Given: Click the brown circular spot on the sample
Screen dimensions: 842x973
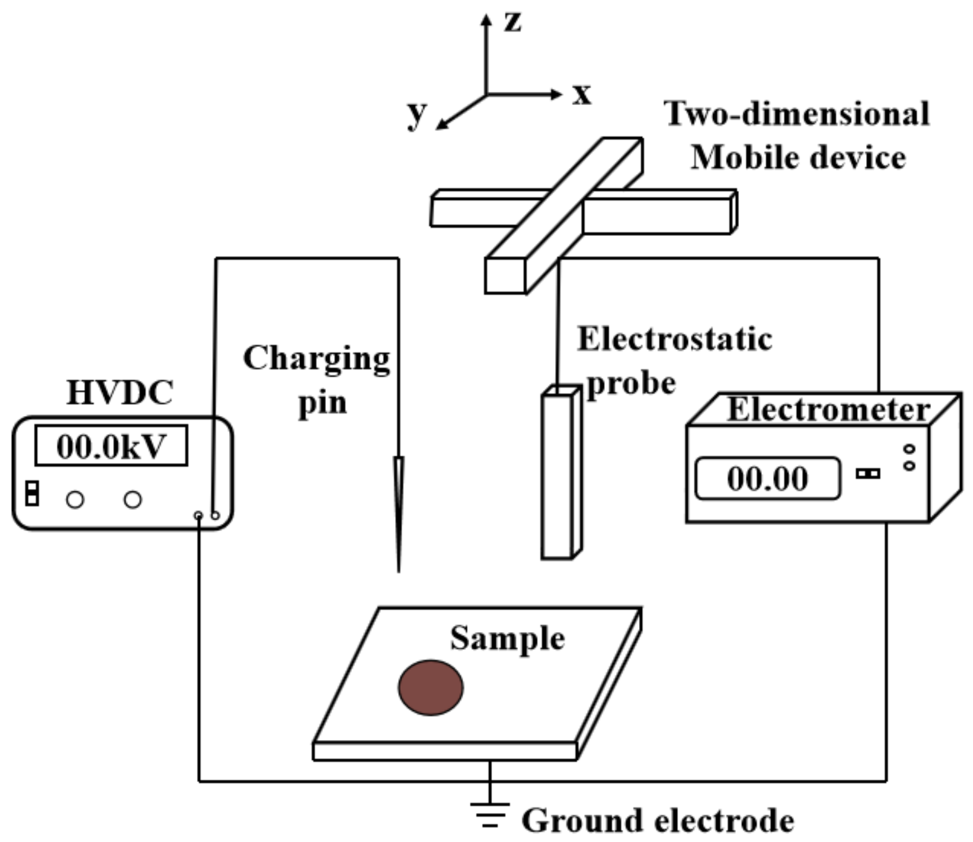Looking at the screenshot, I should tap(430, 688).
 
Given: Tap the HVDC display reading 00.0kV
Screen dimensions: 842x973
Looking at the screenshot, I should tap(111, 446).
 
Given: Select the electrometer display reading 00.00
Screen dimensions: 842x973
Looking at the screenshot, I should tap(767, 478).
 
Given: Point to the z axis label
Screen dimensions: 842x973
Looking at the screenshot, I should tap(512, 22).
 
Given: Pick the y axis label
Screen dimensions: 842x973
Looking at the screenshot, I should tap(417, 114).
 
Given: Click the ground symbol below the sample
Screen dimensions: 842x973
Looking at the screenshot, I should tap(490, 814).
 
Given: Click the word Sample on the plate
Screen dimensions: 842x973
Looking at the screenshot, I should tap(507, 638).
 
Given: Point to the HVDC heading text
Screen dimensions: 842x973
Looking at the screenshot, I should tap(120, 393).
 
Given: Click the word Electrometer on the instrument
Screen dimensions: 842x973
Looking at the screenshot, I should tap(827, 410).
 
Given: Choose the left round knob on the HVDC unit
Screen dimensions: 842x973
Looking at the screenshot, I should tap(75, 499).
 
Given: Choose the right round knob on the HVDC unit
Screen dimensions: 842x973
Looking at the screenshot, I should tap(133, 499).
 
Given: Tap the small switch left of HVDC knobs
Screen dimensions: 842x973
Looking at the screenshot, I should tap(32, 493).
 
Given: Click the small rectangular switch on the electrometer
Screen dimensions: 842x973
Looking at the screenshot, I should tap(867, 473).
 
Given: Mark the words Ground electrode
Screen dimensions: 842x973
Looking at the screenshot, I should tap(658, 821).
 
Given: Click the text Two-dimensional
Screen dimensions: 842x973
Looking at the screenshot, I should tap(796, 114).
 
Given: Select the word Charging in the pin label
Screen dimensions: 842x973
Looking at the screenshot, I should tap(316, 359).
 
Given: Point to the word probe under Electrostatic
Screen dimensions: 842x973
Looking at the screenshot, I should tap(631, 384).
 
